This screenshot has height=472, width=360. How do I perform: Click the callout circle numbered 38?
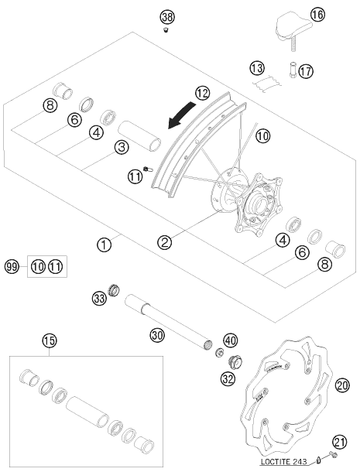(167, 17)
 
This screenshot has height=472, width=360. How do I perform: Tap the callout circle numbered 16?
(317, 14)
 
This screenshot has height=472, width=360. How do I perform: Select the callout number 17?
(306, 71)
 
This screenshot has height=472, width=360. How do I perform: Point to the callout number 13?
(257, 68)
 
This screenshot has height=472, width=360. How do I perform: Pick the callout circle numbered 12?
(202, 94)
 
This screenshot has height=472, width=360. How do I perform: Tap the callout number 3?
(122, 147)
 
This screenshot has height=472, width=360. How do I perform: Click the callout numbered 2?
(165, 242)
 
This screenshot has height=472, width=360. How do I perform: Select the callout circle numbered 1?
(105, 245)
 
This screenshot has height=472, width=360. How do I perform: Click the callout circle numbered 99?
(12, 267)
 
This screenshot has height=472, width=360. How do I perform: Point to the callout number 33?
(99, 299)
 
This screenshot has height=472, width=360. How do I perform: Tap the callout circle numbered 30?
(158, 335)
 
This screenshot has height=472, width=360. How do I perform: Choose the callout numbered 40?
(231, 340)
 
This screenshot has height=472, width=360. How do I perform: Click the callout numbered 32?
(228, 378)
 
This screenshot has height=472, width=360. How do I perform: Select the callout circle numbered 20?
(342, 385)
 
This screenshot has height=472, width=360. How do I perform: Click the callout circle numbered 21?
(340, 443)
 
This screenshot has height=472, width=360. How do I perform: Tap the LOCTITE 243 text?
(283, 461)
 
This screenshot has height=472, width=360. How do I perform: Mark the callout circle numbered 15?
(50, 340)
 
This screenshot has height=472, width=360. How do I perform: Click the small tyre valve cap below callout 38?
(166, 30)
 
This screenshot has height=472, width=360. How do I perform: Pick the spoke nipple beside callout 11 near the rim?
(148, 169)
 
